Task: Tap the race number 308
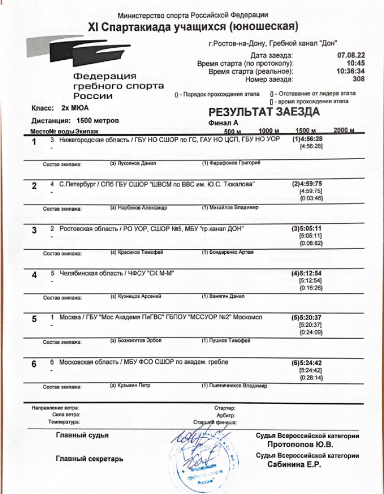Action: tap(358, 79)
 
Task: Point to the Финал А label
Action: tap(224, 123)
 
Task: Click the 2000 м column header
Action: tap(344, 130)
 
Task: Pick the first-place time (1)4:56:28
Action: tap(307, 139)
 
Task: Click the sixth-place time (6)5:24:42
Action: tap(307, 363)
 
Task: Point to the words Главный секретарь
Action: tap(90, 459)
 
